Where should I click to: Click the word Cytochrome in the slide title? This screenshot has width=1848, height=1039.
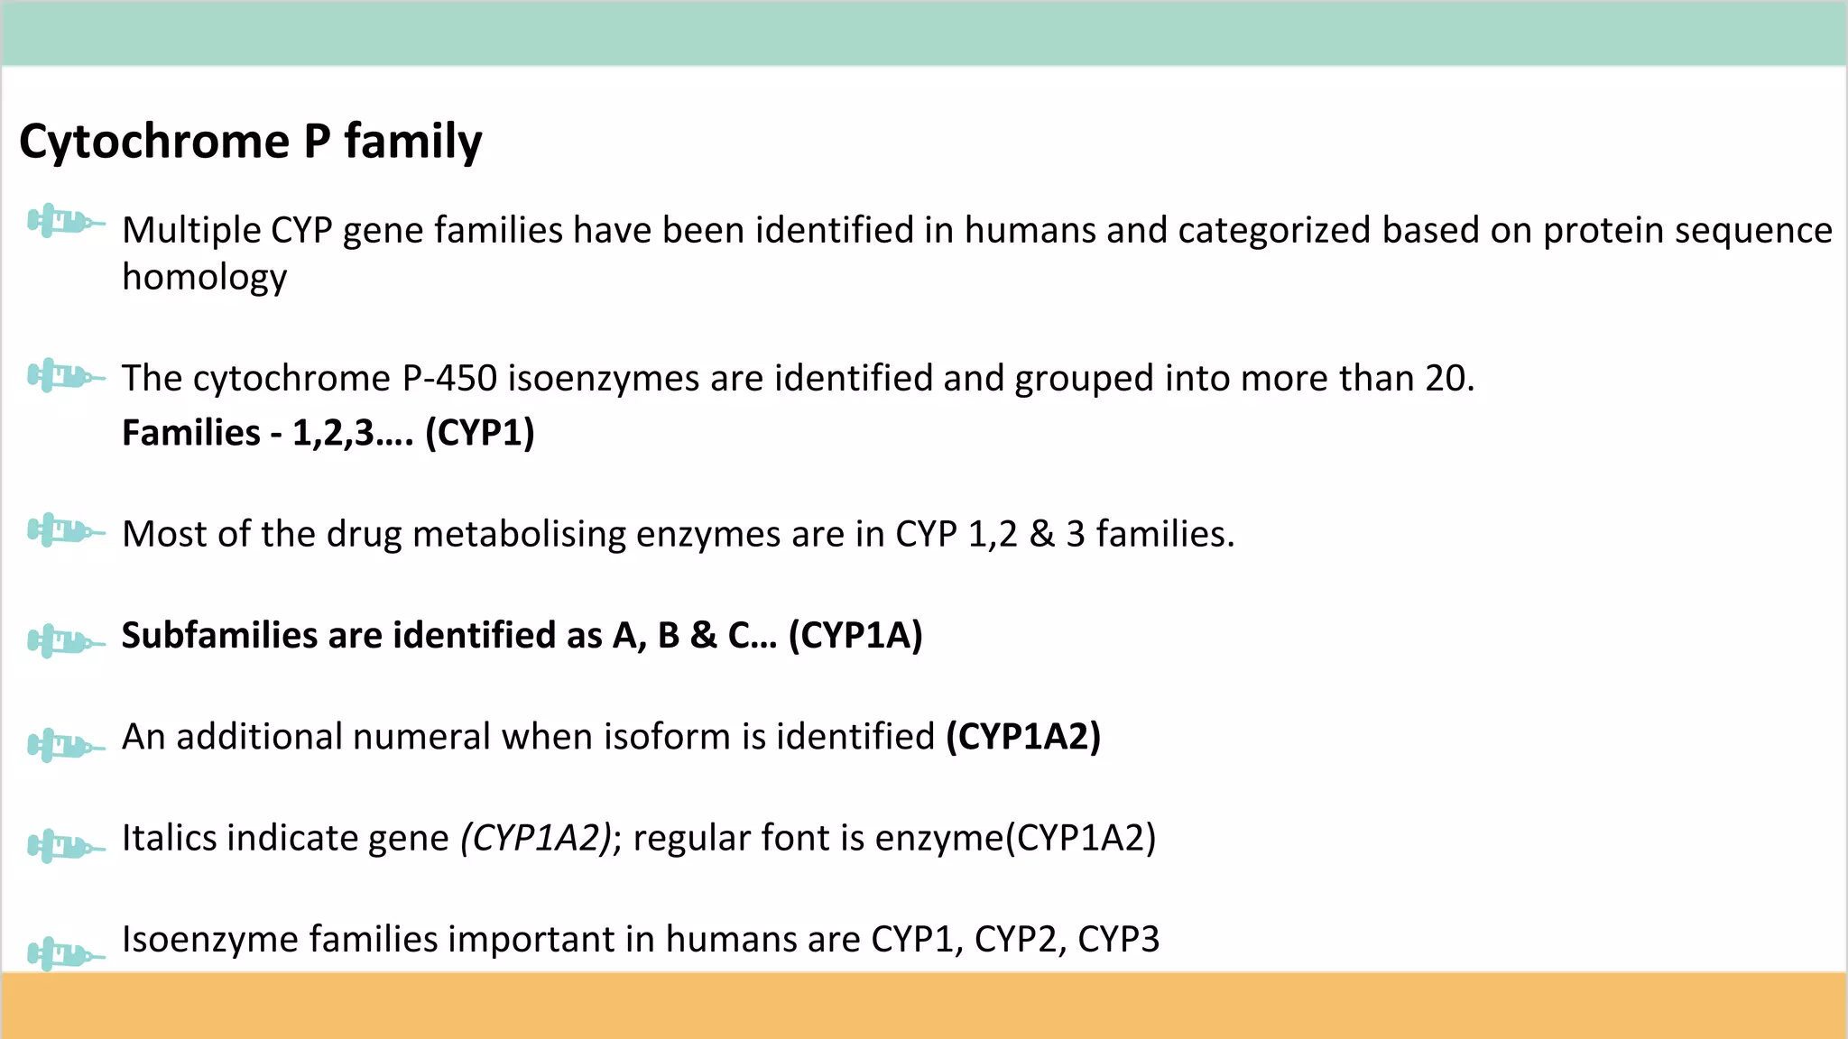[x=154, y=142]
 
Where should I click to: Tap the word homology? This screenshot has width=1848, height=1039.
[x=204, y=277]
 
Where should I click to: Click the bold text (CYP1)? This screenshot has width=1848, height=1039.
[x=479, y=433]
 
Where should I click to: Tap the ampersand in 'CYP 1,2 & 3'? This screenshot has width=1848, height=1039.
[x=1041, y=534]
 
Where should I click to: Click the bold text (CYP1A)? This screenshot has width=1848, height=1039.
[x=855, y=635]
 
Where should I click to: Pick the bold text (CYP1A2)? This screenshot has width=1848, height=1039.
[x=1023, y=737]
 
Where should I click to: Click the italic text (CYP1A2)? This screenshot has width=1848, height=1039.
[x=536, y=838]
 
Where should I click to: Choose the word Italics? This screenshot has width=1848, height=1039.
[x=169, y=838]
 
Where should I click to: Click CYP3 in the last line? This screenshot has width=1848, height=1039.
[x=1118, y=939]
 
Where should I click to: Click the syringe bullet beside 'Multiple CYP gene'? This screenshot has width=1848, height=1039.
[x=65, y=221]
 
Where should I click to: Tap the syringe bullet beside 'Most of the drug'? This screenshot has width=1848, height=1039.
[x=65, y=530]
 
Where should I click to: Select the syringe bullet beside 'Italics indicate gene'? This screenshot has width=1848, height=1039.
[x=65, y=846]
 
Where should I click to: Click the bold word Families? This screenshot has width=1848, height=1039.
[x=191, y=433]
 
